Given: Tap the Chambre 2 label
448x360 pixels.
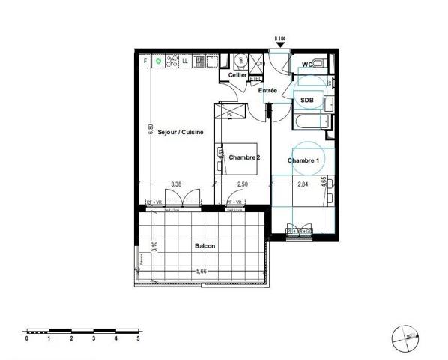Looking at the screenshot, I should click(x=244, y=157).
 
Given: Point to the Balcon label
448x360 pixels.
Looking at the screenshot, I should click(x=205, y=246).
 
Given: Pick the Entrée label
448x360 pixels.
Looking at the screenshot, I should click(x=267, y=90).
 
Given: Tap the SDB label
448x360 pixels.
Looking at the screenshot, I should click(x=307, y=100).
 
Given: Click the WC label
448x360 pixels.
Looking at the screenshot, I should click(x=307, y=64).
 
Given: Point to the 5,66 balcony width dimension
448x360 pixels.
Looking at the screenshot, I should click(x=202, y=271).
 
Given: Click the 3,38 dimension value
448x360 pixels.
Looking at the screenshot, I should click(x=176, y=184).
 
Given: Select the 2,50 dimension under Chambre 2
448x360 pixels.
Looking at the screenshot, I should click(x=242, y=184).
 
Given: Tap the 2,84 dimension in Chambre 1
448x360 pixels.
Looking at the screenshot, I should click(x=303, y=184).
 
